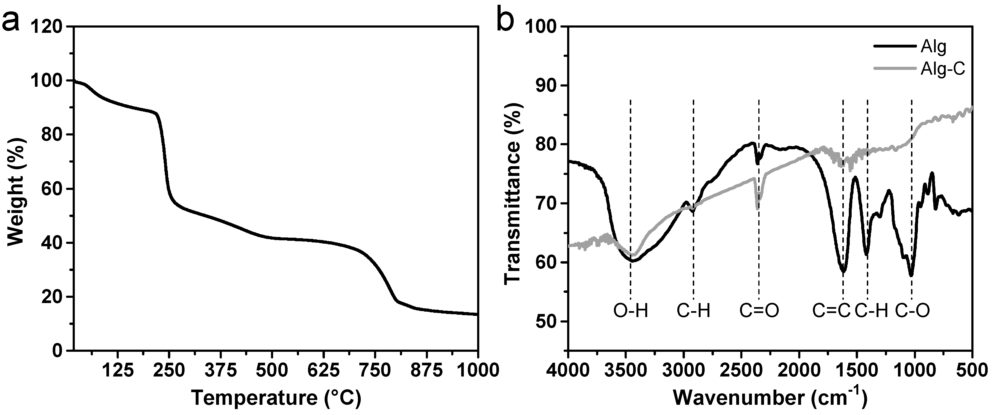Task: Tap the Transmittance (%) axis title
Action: (x=512, y=188)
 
